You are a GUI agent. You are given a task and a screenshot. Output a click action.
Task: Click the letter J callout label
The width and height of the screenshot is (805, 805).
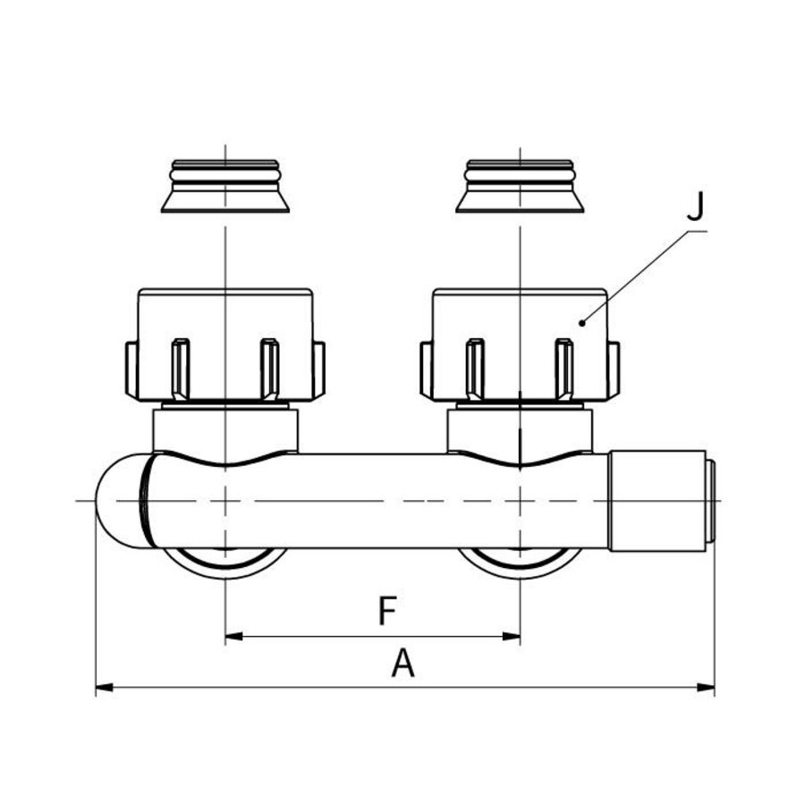696,208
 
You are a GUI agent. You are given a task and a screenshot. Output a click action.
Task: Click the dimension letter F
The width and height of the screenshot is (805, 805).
386,612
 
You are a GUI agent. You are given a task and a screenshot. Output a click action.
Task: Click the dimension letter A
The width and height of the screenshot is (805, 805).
403,664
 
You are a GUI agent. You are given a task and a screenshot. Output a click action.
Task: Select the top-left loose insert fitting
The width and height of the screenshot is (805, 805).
225,187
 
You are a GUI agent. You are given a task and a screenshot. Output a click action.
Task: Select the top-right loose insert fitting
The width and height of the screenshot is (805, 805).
520,187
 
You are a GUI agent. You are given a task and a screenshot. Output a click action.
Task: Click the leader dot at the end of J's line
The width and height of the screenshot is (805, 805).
582,322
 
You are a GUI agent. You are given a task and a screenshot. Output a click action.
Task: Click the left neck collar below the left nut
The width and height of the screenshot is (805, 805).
225,427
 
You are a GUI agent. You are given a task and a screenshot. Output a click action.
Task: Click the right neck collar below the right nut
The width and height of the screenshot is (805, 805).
520,427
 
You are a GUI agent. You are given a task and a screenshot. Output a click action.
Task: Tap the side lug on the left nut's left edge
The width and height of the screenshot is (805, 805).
131,369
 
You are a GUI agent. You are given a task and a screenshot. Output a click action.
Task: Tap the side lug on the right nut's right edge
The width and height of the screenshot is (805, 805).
614,369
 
